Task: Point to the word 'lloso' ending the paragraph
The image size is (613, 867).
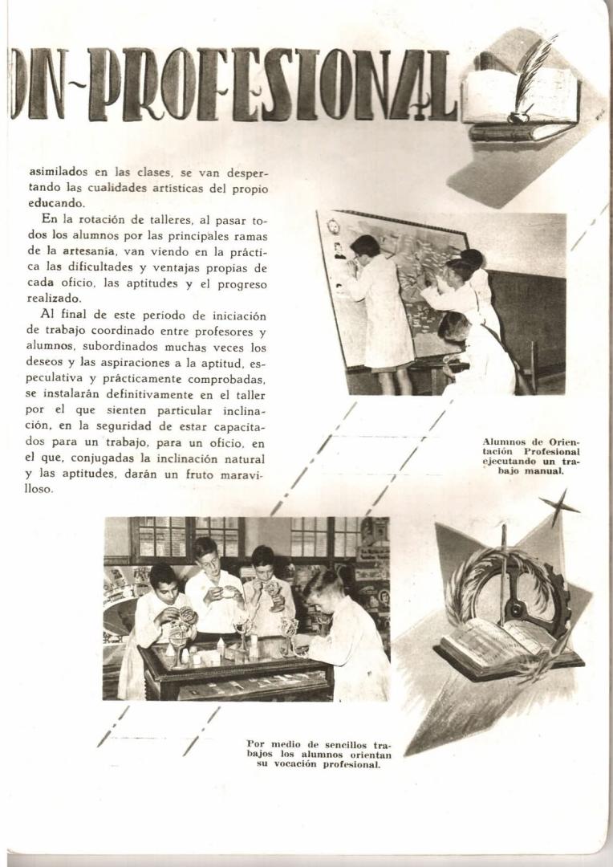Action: click(38, 489)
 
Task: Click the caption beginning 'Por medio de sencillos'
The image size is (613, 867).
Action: click(319, 754)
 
